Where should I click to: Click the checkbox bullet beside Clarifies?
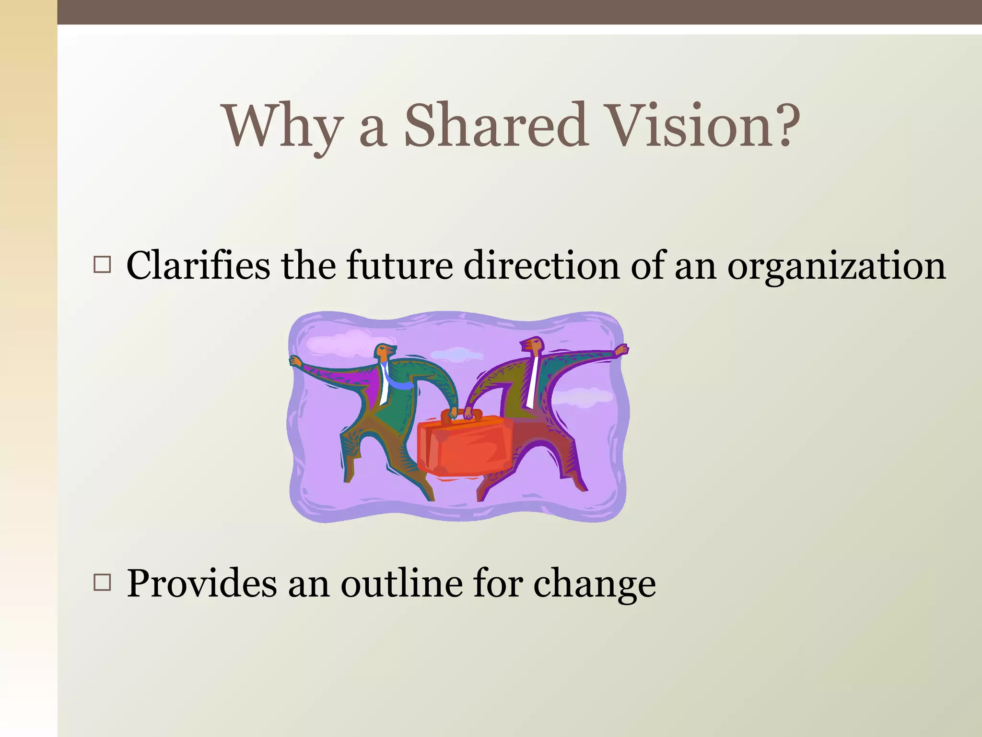pos(102,265)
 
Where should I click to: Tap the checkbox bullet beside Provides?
pos(102,582)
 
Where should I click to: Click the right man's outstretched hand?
pos(621,350)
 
